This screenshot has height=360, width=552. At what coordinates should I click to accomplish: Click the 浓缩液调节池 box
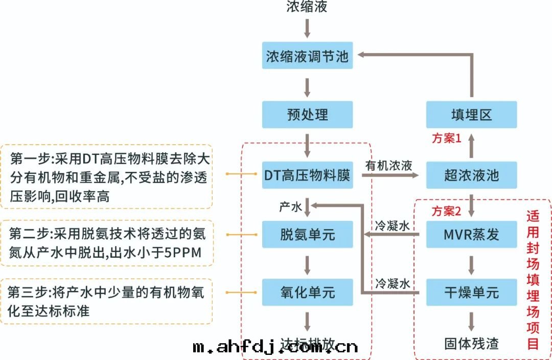tap(307, 56)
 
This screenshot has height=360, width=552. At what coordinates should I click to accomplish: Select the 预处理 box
tap(307, 115)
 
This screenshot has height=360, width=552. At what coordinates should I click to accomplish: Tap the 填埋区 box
tap(471, 115)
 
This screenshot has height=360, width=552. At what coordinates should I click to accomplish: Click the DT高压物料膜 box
tap(307, 175)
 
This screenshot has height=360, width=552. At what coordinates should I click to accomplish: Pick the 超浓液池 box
tap(471, 175)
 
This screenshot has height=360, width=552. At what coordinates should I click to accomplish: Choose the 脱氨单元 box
tap(307, 234)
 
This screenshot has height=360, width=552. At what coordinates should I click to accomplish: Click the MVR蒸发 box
tap(471, 234)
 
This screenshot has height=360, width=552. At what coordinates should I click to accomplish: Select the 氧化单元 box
tap(307, 292)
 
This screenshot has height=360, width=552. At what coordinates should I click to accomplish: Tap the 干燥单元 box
tap(471, 292)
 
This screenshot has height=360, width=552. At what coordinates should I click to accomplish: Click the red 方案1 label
tap(447, 139)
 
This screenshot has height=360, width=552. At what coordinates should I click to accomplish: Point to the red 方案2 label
tap(447, 211)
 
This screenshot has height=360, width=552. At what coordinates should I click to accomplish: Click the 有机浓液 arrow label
tap(389, 166)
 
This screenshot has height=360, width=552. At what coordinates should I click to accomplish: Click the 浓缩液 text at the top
tap(307, 7)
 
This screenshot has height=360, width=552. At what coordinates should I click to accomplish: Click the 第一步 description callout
tap(107, 176)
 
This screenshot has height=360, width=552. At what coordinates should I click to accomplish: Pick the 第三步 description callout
tap(107, 301)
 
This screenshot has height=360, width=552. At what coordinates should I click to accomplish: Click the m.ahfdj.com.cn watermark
tap(275, 348)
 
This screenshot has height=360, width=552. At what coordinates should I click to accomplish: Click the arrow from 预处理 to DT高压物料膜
tap(307, 145)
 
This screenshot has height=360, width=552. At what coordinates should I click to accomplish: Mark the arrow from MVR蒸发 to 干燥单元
tap(471, 263)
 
